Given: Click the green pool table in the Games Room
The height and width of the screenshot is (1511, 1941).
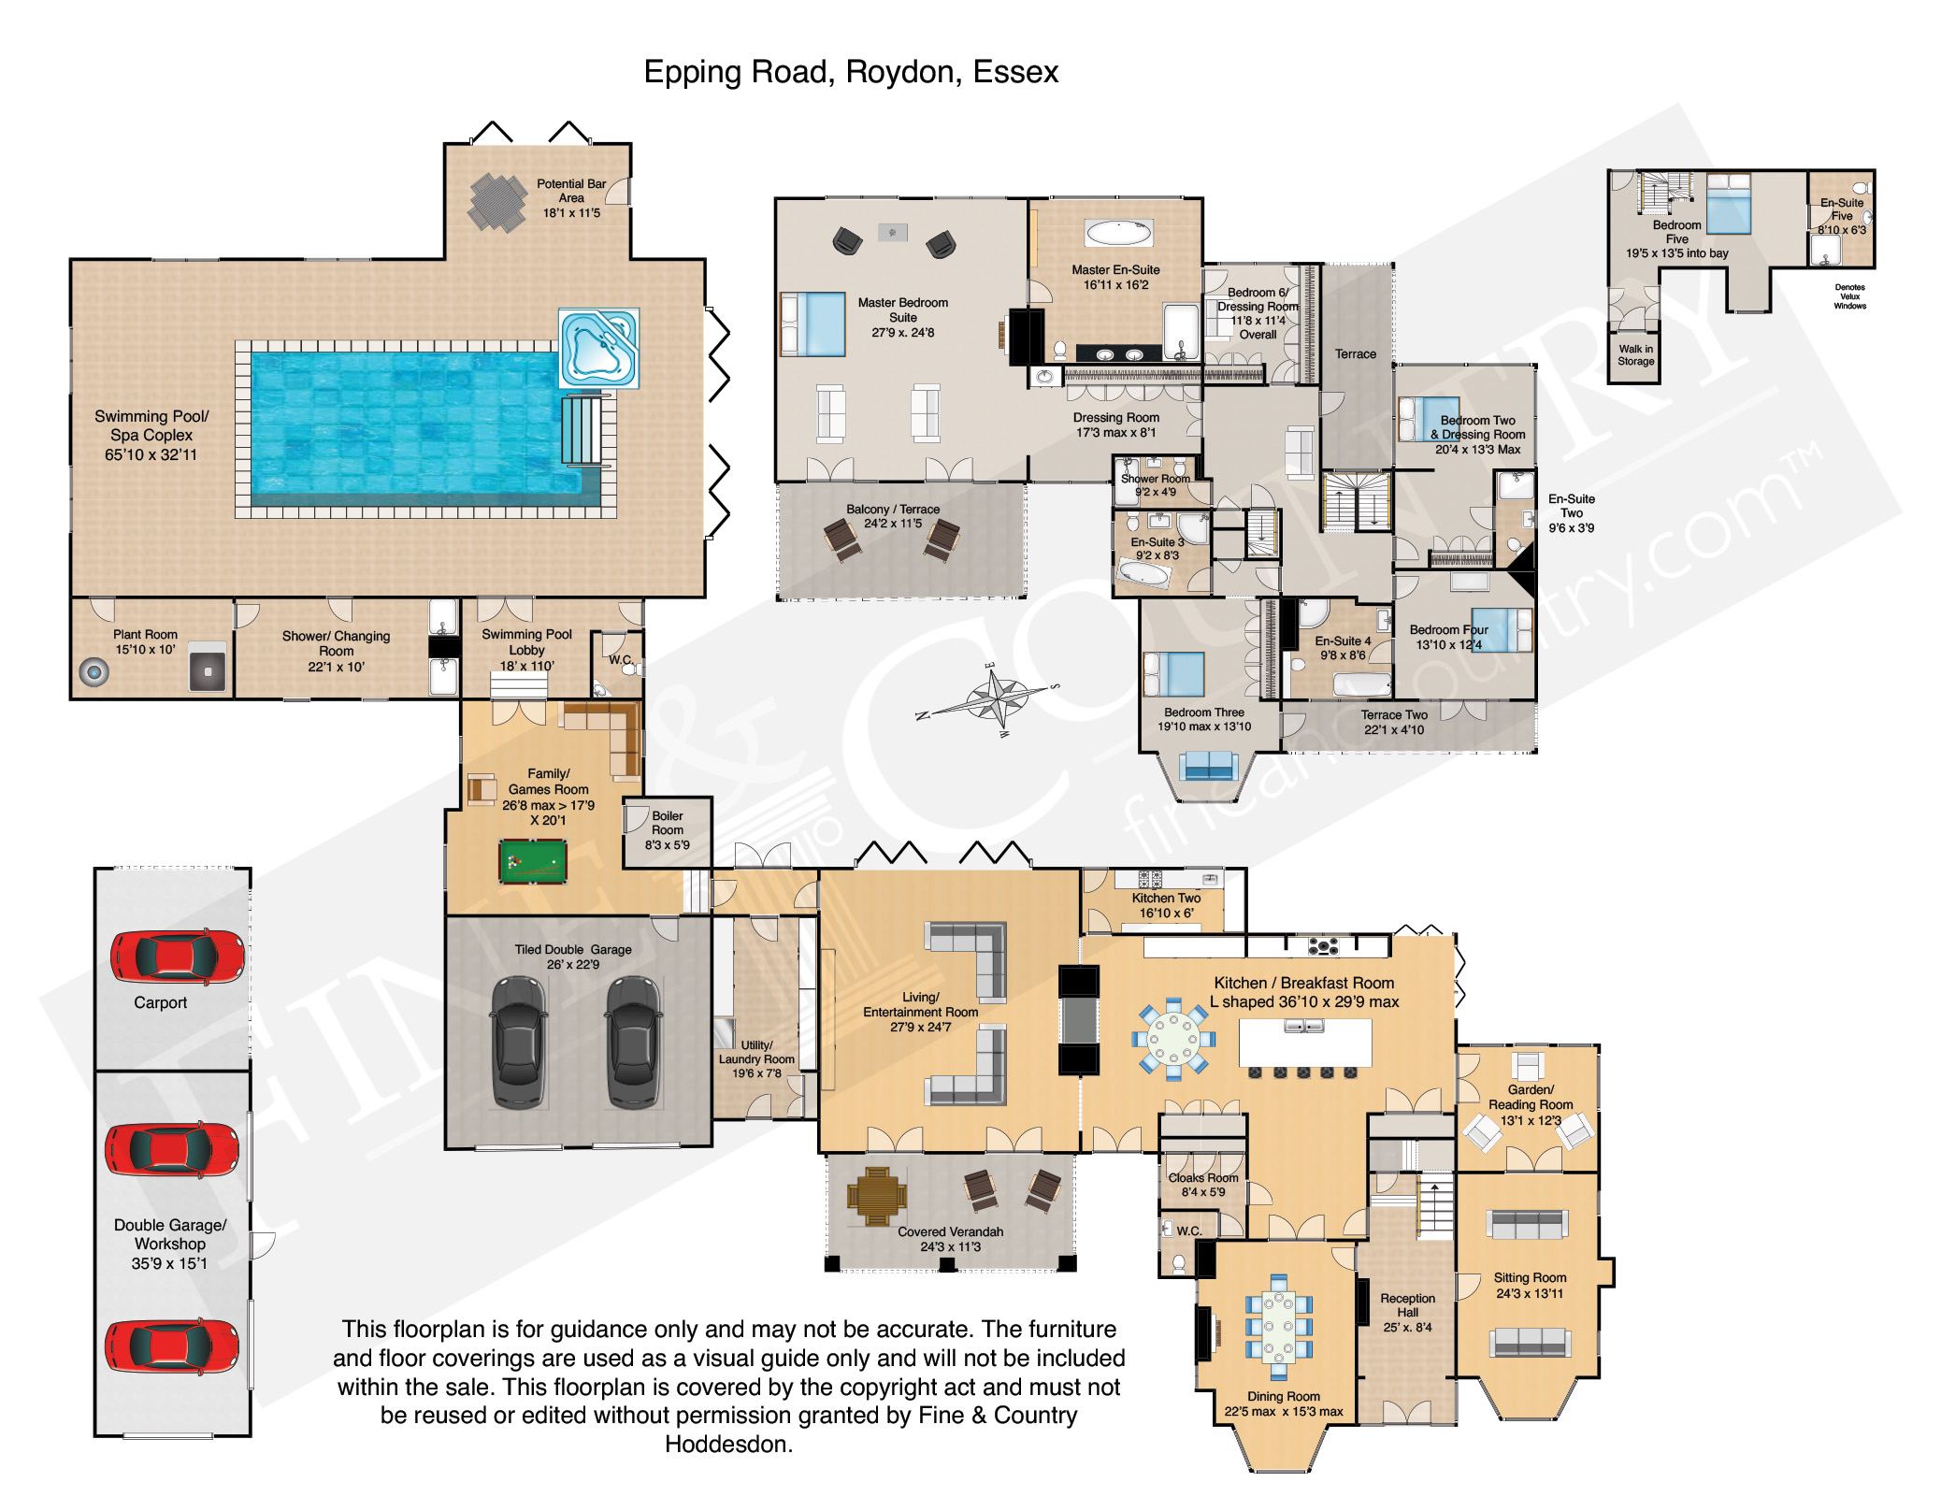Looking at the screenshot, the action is tap(532, 861).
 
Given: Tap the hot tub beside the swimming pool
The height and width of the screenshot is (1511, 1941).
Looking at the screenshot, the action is tap(599, 348).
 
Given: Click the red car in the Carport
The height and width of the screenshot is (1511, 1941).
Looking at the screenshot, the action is tap(178, 957).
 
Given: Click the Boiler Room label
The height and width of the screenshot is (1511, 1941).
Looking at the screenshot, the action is tap(668, 823).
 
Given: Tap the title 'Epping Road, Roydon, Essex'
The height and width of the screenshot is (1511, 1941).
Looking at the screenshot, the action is tap(851, 72).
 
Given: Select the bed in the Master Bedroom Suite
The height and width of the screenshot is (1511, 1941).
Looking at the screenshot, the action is tap(812, 324).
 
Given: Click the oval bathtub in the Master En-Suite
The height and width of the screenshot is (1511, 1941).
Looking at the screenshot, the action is tap(1118, 232).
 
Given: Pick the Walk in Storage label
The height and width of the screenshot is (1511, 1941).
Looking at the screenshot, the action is tap(1636, 355).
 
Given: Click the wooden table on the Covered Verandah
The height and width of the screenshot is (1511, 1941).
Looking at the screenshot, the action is tap(877, 1196).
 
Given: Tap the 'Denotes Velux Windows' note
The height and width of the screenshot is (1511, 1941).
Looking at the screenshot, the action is tap(1849, 296).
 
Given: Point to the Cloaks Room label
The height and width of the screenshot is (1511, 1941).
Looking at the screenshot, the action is tap(1203, 1178).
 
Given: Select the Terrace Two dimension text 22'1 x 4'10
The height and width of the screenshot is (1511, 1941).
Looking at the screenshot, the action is tap(1394, 730).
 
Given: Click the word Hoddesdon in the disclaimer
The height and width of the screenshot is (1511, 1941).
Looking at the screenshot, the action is tap(728, 1445).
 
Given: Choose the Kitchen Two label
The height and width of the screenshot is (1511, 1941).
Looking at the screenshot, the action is tap(1166, 898).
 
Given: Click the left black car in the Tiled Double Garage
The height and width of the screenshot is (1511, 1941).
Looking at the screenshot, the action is tap(519, 1043).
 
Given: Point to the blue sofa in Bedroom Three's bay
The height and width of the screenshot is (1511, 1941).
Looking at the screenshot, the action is tap(1208, 766).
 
